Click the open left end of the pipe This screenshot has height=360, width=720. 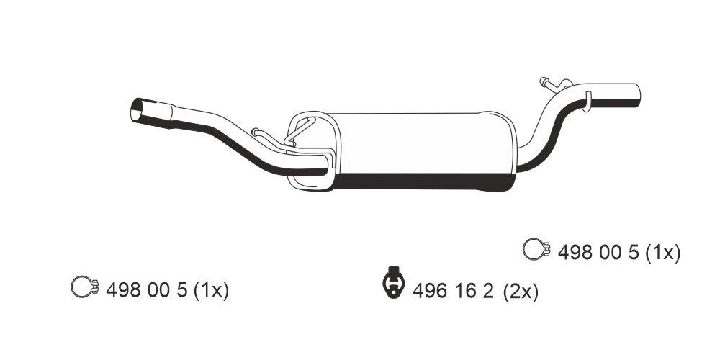point(136,112)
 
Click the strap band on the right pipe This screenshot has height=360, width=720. point(587,100)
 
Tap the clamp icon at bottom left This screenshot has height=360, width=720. point(84,289)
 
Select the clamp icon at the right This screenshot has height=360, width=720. point(535,250)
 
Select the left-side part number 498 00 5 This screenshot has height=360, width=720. point(146,290)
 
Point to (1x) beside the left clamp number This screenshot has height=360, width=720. point(210,290)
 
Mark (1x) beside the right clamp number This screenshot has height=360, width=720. point(662,252)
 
